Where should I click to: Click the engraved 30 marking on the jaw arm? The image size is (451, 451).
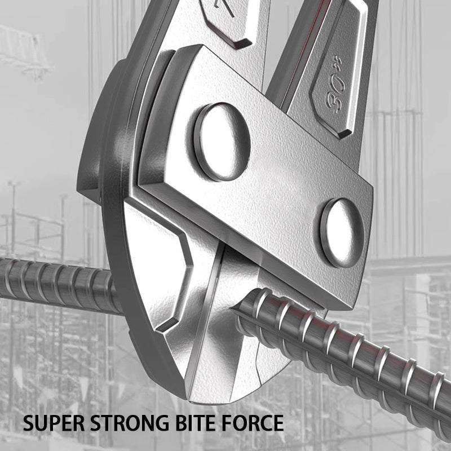coord(339,96)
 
